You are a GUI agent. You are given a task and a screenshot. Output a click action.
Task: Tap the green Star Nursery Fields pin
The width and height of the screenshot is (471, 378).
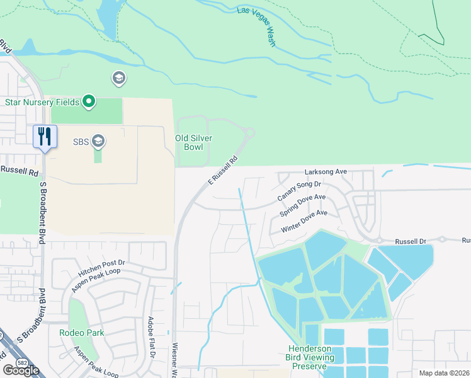click(89, 101)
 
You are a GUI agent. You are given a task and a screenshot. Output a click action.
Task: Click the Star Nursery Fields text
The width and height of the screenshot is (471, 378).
click(42, 102)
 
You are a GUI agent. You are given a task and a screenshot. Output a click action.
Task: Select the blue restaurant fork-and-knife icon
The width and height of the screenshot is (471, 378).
click(45, 136)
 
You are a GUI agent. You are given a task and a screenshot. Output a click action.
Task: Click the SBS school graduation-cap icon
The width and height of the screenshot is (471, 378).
click(98, 141)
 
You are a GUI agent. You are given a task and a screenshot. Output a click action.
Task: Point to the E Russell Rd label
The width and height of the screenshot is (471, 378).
click(223, 170)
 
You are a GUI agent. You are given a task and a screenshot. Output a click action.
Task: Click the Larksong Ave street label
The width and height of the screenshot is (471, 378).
click(326, 171)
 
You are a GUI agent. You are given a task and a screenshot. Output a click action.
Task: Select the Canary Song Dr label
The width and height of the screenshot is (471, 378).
click(300, 191)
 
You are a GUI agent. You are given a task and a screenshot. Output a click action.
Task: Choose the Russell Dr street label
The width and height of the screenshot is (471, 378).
click(411, 241)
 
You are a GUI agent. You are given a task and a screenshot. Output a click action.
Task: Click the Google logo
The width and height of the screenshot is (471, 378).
click(21, 370)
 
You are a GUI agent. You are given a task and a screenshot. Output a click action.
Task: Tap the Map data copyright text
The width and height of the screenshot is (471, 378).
click(444, 373)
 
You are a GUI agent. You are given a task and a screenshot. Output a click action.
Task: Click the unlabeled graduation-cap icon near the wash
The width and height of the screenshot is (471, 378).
click(118, 78)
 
